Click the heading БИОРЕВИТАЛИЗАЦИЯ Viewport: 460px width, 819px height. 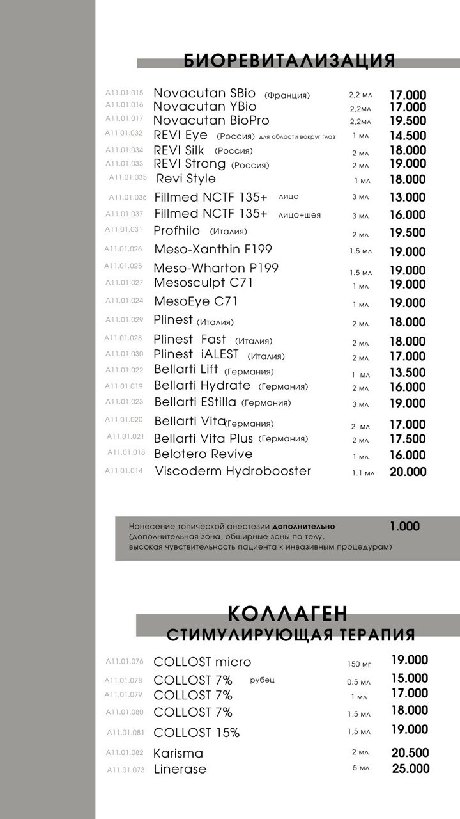tap(289, 61)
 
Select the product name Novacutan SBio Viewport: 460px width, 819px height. tap(206, 93)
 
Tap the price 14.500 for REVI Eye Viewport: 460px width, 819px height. tap(408, 136)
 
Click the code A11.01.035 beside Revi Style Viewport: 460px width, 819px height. tap(128, 177)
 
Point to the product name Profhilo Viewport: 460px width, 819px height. tap(177, 230)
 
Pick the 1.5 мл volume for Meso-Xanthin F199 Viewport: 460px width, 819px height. tap(360, 251)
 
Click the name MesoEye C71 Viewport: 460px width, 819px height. tap(195, 301)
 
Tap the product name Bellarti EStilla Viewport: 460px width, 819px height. tap(195, 402)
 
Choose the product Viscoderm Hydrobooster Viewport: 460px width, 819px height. tap(233, 472)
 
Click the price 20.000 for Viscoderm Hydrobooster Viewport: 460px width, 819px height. tap(408, 472)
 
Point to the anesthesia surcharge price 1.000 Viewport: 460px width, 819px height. tap(404, 527)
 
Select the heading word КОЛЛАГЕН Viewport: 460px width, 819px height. tap(288, 614)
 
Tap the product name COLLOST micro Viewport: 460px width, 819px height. tap(203, 662)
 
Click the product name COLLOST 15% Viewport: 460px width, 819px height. tap(197, 733)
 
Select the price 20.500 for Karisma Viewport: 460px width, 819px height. tap(410, 753)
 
